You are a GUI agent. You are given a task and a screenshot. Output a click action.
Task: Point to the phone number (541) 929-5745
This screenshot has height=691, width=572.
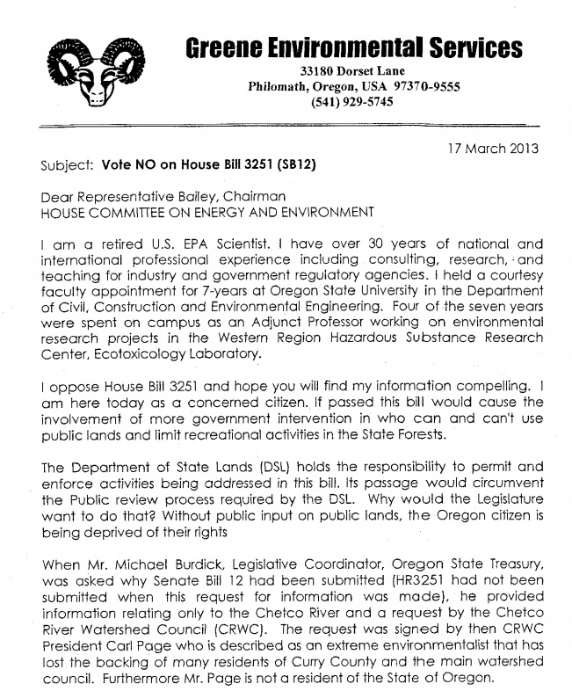[x=352, y=102]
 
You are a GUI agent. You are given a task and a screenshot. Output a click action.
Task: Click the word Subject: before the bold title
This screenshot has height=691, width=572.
[x=68, y=164]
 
